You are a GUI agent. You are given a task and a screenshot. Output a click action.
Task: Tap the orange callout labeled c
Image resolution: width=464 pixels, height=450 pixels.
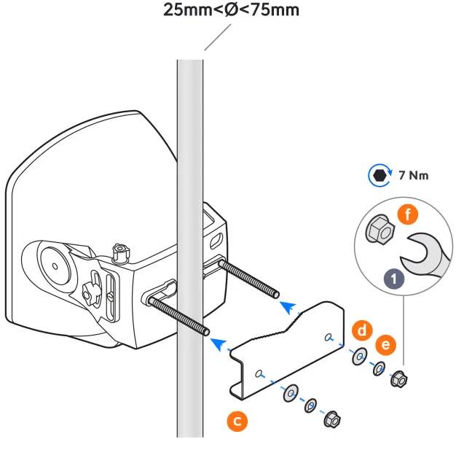235,420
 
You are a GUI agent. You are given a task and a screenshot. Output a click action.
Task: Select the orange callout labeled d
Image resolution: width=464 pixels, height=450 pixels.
361,330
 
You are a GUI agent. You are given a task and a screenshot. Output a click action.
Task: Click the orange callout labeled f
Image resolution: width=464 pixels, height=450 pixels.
409,215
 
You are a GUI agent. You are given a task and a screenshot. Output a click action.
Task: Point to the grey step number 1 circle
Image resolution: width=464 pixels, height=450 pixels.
395,279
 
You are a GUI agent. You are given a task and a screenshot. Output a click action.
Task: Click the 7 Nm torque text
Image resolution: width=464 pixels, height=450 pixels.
414,175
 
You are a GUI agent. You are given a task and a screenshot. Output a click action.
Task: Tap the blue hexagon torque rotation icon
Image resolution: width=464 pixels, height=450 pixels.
379,175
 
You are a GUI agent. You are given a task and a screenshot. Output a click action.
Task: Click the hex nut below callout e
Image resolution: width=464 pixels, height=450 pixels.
398,379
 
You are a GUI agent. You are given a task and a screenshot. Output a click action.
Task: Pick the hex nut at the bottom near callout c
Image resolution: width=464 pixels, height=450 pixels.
331,418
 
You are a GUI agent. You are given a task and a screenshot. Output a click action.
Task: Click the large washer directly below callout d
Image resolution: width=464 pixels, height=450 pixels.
359,357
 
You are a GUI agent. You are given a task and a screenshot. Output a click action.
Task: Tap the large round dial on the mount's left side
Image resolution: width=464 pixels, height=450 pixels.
54,263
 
